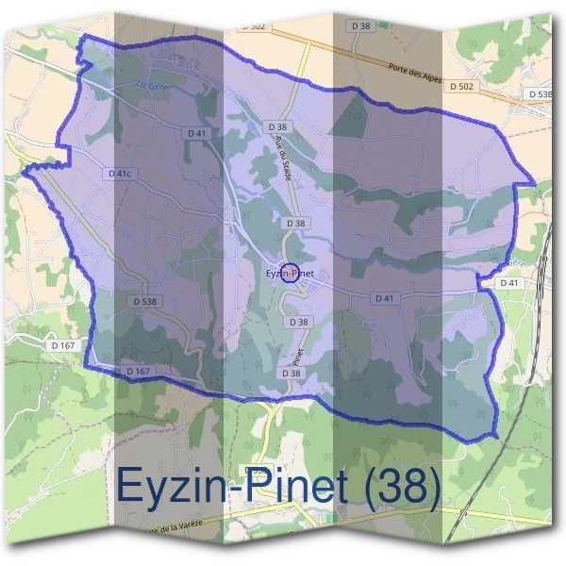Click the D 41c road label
119,175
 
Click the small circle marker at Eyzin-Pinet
291,274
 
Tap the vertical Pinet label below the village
295,356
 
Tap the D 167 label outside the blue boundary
64,345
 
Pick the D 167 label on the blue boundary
139,372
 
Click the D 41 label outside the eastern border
509,283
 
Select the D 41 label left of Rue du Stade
197,134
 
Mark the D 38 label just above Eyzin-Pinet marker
294,224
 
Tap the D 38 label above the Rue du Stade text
276,126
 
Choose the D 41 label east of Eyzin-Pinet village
384,298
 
